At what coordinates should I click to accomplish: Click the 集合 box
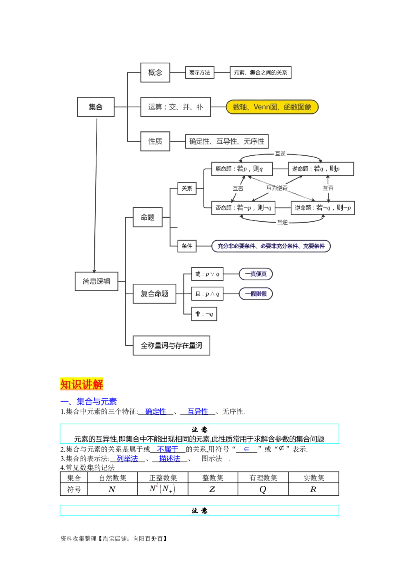coord(96,107)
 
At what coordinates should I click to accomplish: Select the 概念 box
coord(155,73)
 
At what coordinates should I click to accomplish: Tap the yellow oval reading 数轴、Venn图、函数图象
coord(272,107)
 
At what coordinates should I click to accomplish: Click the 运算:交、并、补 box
coord(175,107)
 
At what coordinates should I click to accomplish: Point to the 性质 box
coord(155,141)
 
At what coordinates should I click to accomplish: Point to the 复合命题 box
coord(155,294)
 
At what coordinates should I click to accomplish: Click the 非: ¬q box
coord(205,314)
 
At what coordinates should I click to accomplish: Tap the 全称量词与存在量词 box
coord(172,345)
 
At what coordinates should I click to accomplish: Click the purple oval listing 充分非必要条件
coord(271,246)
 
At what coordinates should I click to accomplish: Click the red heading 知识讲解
coord(82,384)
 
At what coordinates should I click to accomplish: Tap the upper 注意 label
coord(200,430)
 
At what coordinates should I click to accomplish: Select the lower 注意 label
coord(200,511)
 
